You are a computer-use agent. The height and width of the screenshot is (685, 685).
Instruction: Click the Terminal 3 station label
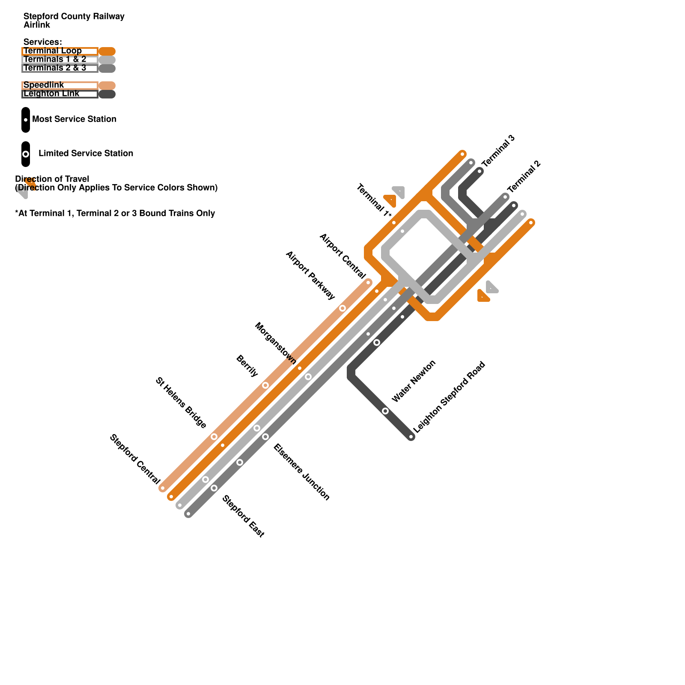(498, 151)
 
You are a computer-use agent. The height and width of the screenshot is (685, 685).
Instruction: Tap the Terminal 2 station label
(524, 177)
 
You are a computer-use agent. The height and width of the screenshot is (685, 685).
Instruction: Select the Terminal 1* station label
(374, 200)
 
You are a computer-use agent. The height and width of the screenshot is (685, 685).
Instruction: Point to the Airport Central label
(342, 256)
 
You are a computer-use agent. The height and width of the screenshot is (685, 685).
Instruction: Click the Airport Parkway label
(310, 275)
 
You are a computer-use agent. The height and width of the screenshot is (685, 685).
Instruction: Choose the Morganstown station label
(276, 343)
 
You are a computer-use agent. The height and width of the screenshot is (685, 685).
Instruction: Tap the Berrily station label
(247, 366)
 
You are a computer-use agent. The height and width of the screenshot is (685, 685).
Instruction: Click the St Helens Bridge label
(181, 402)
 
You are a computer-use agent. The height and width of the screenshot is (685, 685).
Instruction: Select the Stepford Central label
(135, 459)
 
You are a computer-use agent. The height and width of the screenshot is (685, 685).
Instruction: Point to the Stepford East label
(244, 516)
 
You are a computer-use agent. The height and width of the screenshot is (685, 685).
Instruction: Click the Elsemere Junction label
(302, 472)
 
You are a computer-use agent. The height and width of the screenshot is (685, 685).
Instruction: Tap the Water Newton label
(414, 381)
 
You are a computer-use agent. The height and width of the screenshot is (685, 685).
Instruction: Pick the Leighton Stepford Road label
(449, 397)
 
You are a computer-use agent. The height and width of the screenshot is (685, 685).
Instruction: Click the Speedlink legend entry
(44, 85)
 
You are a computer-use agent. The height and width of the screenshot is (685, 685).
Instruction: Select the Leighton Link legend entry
(51, 94)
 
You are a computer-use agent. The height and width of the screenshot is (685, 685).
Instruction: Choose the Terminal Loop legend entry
(52, 51)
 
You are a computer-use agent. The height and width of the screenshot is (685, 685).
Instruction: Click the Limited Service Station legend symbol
(26, 154)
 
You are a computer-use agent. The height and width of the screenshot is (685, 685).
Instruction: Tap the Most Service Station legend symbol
(26, 119)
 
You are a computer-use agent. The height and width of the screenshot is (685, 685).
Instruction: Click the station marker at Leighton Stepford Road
(411, 437)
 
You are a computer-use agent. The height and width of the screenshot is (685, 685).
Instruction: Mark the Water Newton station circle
(385, 411)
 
